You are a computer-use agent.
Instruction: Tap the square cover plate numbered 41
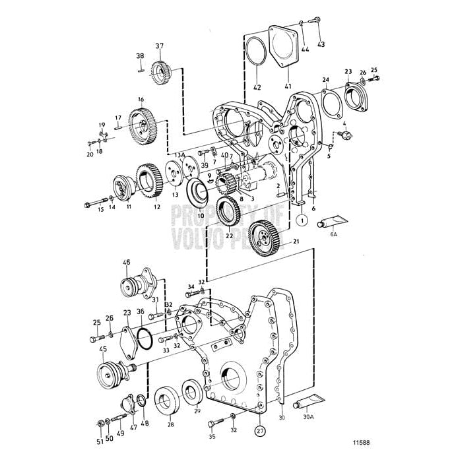[x=286, y=46]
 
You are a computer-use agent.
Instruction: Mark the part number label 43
[x=321, y=45]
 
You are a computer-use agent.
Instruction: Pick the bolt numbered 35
[x=213, y=423]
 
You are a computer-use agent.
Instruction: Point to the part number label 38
[x=140, y=55]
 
